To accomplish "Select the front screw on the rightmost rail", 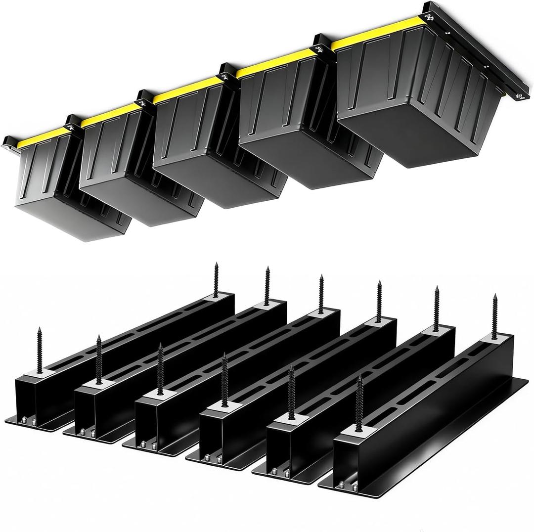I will pyautogui.click(x=359, y=400).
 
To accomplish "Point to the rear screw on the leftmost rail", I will pyautogui.click(x=216, y=279).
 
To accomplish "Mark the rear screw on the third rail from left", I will pyautogui.click(x=321, y=294).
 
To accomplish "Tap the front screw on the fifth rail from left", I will pyautogui.click(x=291, y=391).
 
